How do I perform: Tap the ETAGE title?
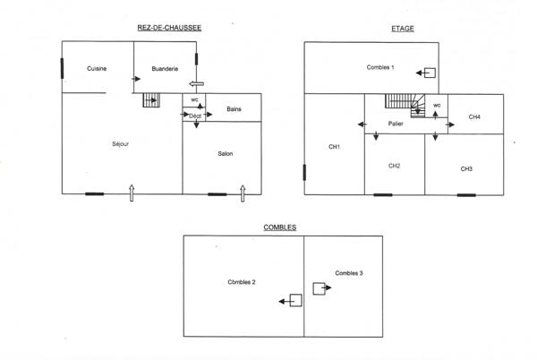(x=403, y=28)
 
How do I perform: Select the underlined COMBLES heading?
(x=280, y=227)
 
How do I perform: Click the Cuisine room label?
(x=98, y=69)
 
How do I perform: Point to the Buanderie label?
(x=165, y=69)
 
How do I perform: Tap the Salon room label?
(x=226, y=154)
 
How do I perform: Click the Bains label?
(x=234, y=108)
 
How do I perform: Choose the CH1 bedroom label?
(x=334, y=147)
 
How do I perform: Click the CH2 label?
(x=394, y=166)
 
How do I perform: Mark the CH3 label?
(x=466, y=168)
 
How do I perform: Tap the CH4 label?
(x=474, y=117)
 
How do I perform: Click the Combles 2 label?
(x=242, y=282)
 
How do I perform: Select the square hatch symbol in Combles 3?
(x=319, y=288)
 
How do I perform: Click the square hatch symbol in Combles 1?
(x=431, y=73)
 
